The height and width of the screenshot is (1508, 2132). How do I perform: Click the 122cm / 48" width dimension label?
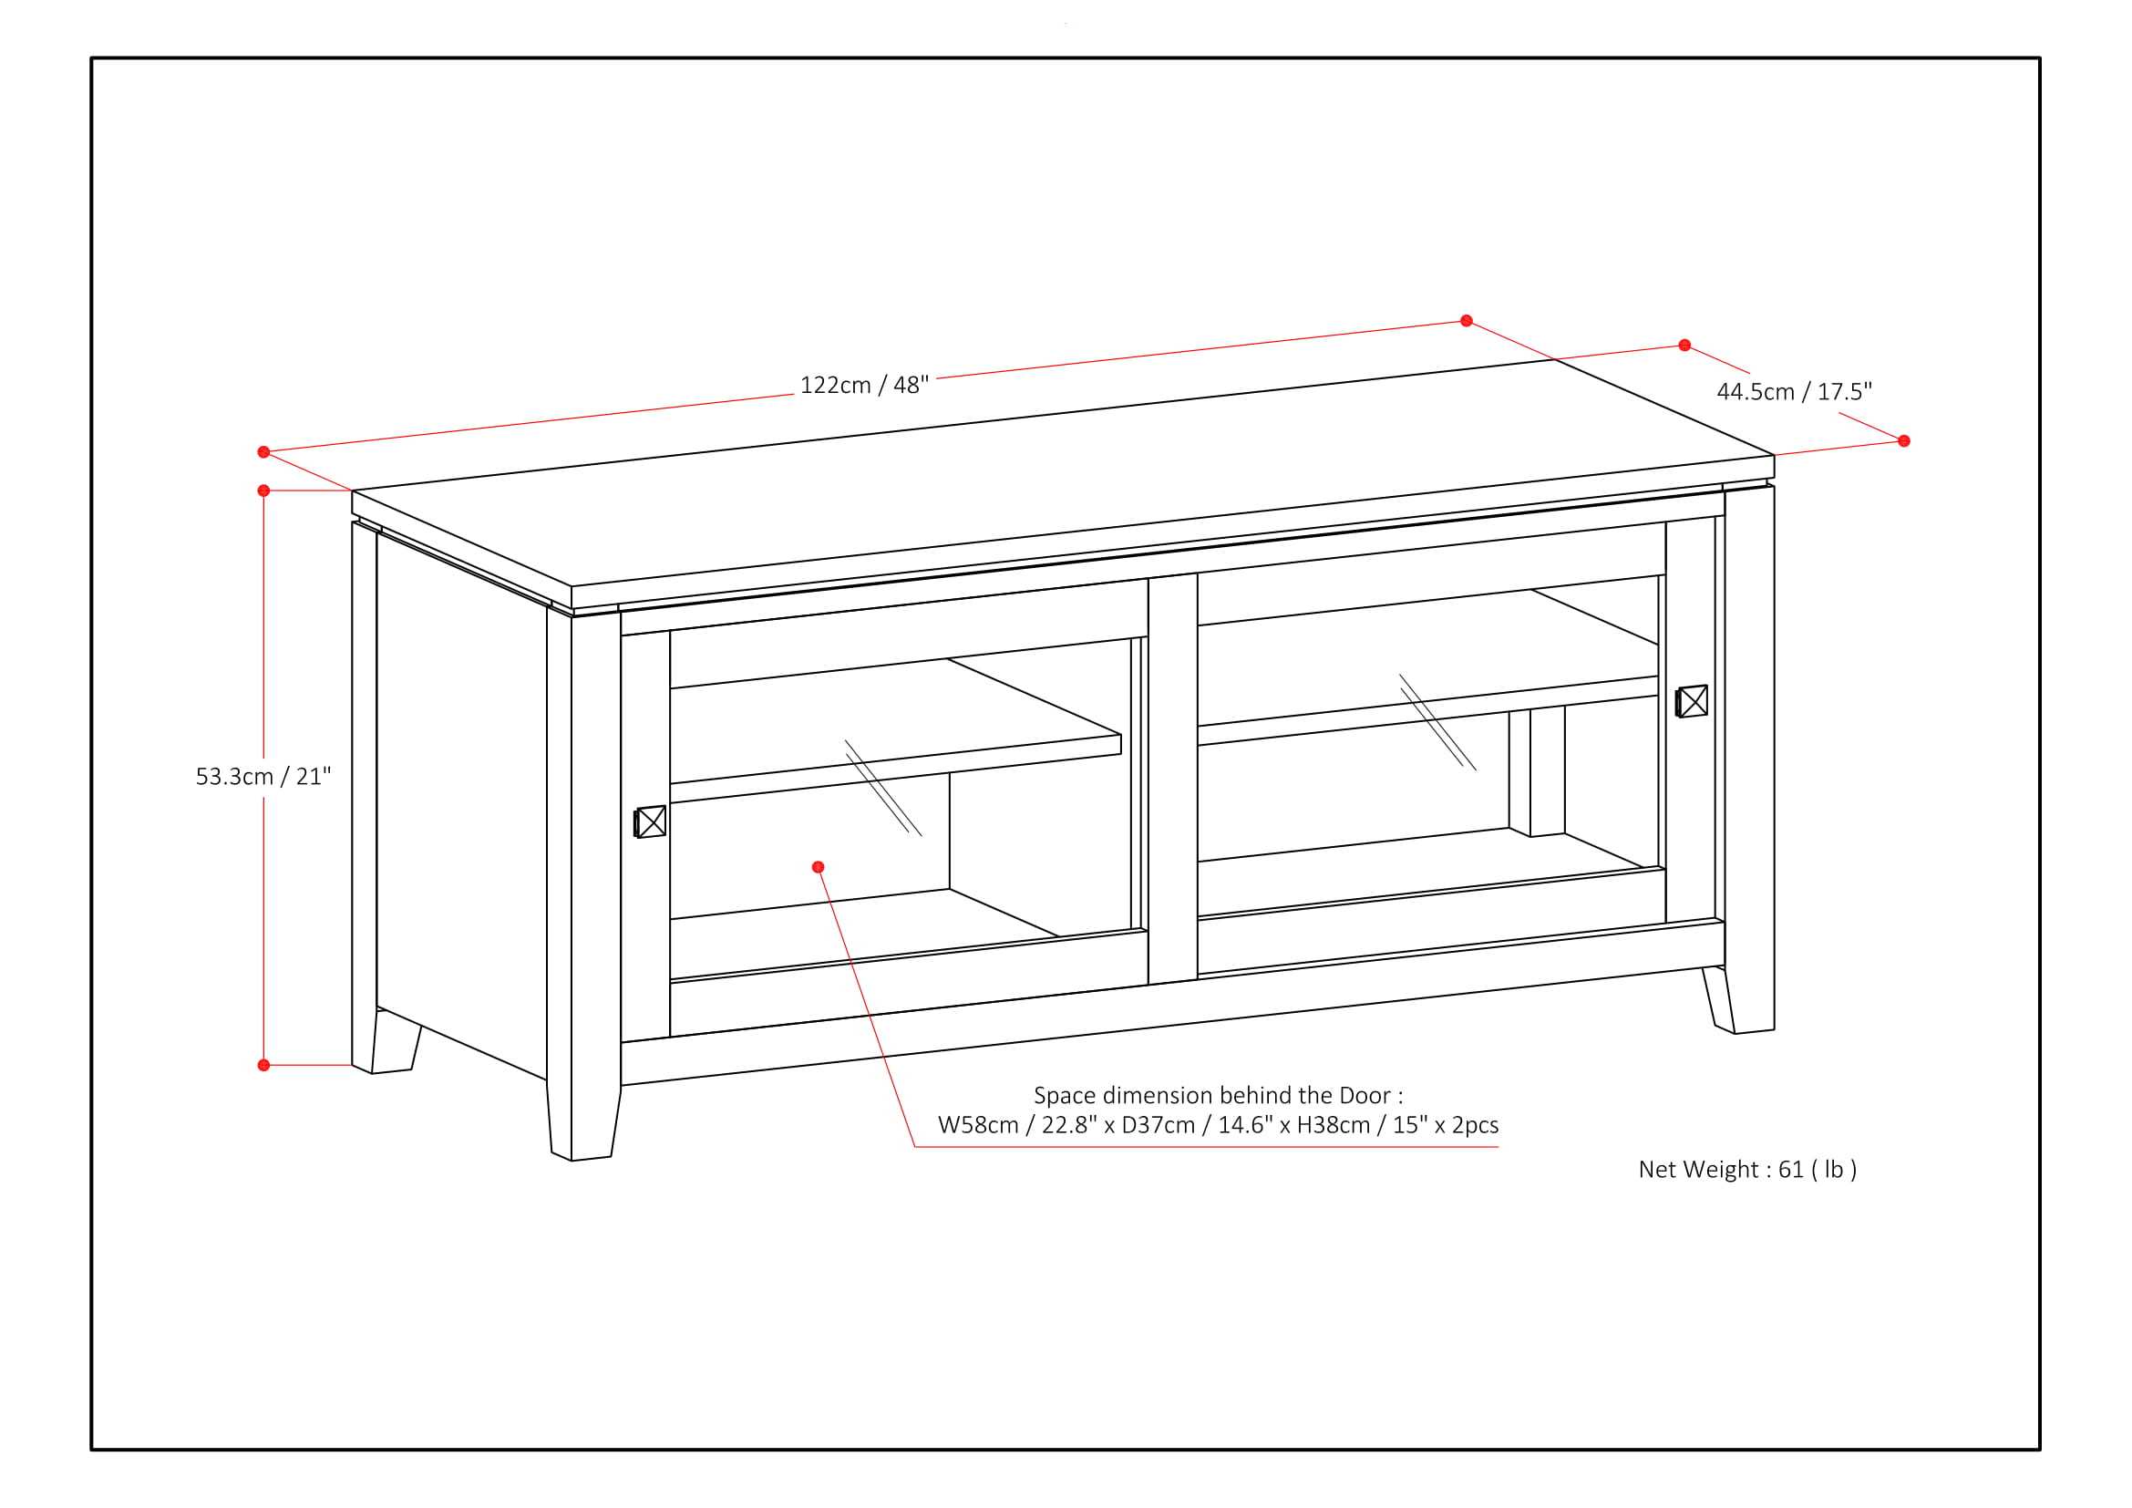863,385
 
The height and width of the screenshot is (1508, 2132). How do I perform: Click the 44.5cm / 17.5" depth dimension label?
1794,391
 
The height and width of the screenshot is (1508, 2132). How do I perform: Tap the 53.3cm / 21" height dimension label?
263,776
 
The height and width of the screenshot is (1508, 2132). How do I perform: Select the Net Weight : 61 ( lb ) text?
1747,1169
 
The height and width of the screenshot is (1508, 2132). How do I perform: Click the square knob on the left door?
650,821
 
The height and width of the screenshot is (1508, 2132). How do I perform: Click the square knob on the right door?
1692,701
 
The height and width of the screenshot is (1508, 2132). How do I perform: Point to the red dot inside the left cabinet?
818,866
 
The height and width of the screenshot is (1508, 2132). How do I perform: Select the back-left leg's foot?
394,1046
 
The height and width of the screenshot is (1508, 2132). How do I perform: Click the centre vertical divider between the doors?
1173,780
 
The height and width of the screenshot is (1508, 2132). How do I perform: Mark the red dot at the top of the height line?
263,491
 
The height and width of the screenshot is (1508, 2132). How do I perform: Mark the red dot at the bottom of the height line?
263,1065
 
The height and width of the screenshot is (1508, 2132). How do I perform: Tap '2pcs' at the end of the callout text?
1475,1125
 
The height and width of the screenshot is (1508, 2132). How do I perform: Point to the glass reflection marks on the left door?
883,788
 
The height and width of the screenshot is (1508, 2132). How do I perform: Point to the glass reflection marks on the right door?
1437,721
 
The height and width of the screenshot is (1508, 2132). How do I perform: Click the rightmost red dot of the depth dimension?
1904,441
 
